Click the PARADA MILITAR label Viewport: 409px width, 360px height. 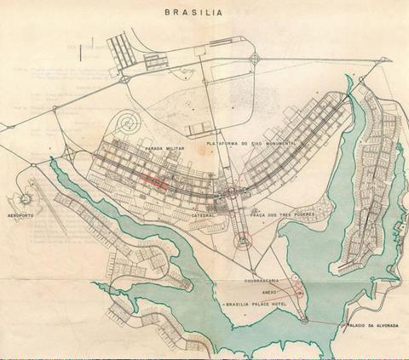click(x=164, y=147)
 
